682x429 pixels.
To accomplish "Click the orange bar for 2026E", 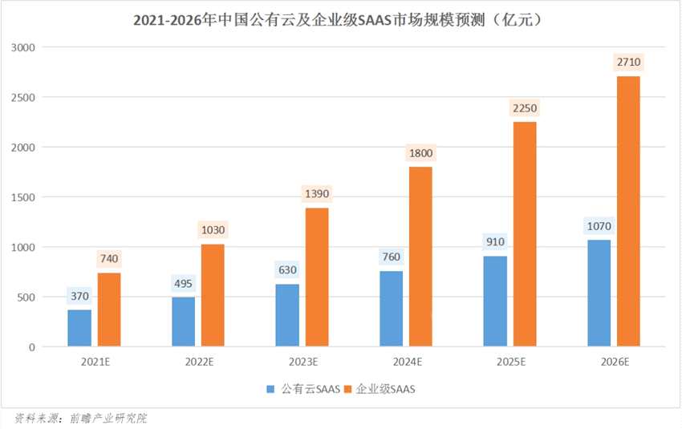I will (627, 212).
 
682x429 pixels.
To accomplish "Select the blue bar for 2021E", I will (79, 328).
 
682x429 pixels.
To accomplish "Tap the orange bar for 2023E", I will (317, 277).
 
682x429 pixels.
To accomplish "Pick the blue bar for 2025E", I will (495, 302).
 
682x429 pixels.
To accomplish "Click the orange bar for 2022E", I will (213, 295).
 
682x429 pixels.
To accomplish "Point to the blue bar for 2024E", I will (391, 309).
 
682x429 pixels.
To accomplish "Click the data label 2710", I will (627, 62).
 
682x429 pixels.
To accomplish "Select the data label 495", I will (184, 284).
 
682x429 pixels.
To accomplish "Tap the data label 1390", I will (317, 194).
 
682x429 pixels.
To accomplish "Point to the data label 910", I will (495, 241).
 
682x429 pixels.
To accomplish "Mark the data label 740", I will (108, 258).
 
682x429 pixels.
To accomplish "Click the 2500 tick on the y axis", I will (26, 97).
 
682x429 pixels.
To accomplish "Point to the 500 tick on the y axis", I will (30, 297).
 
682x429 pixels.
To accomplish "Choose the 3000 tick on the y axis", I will (26, 47).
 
